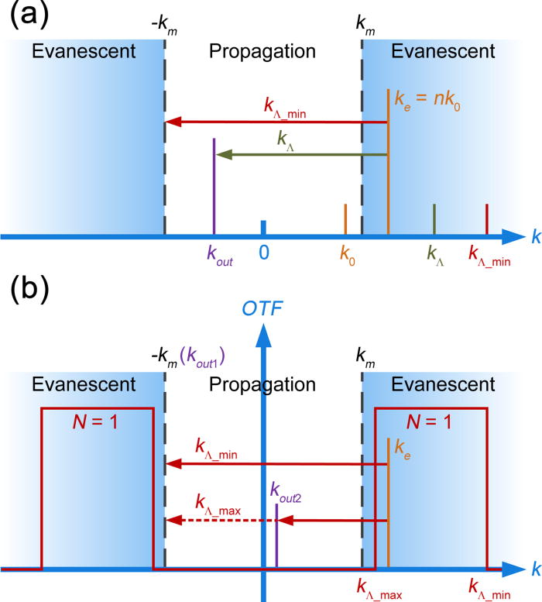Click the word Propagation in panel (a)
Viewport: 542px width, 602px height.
click(263, 52)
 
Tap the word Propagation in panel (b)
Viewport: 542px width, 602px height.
click(263, 384)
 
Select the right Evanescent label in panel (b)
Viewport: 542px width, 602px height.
click(444, 384)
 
